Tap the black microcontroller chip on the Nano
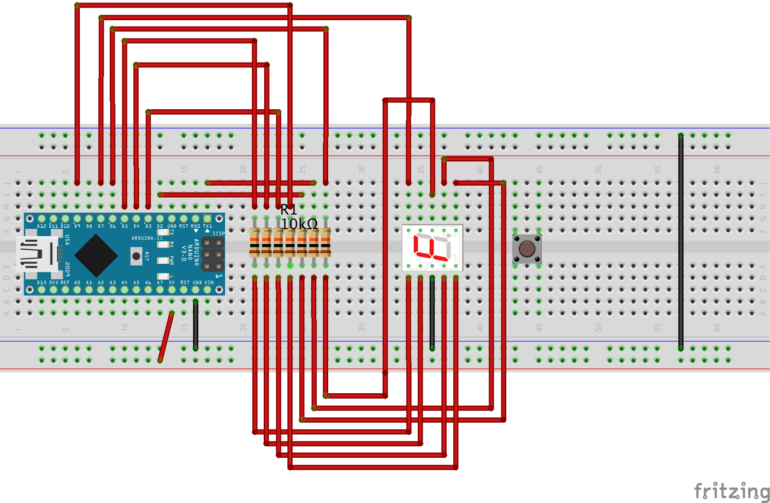pyautogui.click(x=96, y=255)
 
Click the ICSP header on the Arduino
pyautogui.click(x=213, y=254)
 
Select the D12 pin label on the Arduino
pyautogui.click(x=41, y=226)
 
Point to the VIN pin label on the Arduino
pyautogui.click(x=209, y=283)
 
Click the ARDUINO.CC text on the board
pyautogui.click(x=147, y=238)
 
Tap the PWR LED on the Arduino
pyautogui.click(x=163, y=260)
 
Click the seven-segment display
pyautogui.click(x=432, y=248)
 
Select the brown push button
pyautogui.click(x=527, y=249)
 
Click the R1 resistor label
pyautogui.click(x=288, y=209)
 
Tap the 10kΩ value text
pyautogui.click(x=299, y=224)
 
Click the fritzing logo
pyautogui.click(x=731, y=491)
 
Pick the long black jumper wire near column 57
pyautogui.click(x=680, y=241)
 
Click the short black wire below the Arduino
pyautogui.click(x=195, y=325)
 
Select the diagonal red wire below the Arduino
pyautogui.click(x=166, y=336)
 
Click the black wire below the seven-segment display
pyautogui.click(x=432, y=313)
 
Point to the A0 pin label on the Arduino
pyautogui.click(x=77, y=283)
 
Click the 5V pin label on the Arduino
pyautogui.click(x=172, y=283)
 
